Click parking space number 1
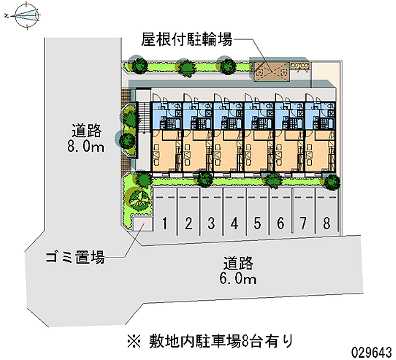click(x=165, y=223)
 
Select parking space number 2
click(x=188, y=223)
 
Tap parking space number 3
click(x=211, y=223)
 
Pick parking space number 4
click(x=234, y=223)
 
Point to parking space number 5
click(x=257, y=223)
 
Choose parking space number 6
click(x=280, y=223)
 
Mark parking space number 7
click(x=303, y=223)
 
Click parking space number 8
click(x=326, y=223)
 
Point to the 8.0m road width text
click(x=87, y=147)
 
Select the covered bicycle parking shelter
click(x=271, y=71)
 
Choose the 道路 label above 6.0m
click(x=238, y=263)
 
